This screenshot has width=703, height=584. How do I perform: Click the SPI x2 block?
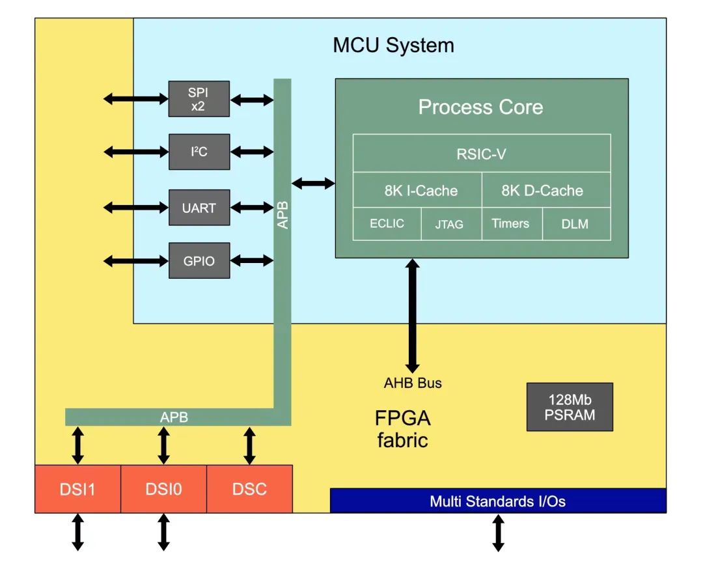coord(199,98)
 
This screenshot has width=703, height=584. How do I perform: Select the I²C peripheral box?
coord(199,152)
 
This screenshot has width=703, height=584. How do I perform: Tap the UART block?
coord(199,208)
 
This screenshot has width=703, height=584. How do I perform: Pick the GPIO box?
coord(199,260)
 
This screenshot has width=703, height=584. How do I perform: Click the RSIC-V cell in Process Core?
coord(482,154)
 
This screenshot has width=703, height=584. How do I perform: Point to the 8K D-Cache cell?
coord(546,191)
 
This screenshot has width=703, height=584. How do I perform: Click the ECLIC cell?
coord(387,224)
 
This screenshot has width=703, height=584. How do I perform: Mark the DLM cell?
coord(576,224)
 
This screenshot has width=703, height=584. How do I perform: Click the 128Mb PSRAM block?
coord(570,407)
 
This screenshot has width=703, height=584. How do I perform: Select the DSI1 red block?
coord(77,489)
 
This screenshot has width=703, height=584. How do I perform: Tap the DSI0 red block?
coord(163,489)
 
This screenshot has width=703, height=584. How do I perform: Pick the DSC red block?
coord(249,489)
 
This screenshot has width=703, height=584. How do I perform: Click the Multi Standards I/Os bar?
coord(498,501)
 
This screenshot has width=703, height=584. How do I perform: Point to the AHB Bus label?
coord(413,383)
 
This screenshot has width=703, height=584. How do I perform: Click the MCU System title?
coord(393,46)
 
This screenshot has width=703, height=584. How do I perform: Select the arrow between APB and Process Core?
coord(313,184)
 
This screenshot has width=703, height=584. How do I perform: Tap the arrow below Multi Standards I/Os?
coord(498,533)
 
